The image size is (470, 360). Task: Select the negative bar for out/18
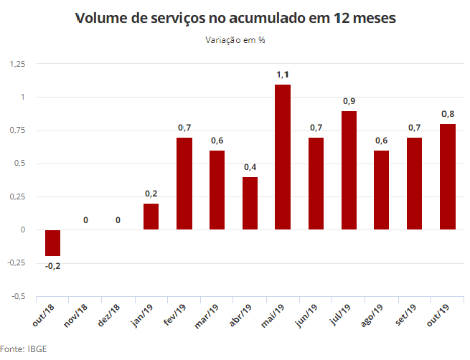53,243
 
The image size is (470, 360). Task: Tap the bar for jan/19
151,217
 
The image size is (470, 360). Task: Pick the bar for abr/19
250,203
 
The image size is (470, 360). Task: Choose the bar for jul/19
349,171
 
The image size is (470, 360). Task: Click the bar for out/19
448,176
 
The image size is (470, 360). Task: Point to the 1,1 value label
283,74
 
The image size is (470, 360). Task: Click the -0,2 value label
53,266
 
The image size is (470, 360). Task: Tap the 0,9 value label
349,100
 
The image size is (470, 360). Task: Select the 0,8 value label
448,113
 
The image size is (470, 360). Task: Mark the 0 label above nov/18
86,219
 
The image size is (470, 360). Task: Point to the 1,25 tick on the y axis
18,64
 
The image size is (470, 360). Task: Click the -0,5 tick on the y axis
19,296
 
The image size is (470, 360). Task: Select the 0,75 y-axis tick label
18,130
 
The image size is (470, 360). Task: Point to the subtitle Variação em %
235,40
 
